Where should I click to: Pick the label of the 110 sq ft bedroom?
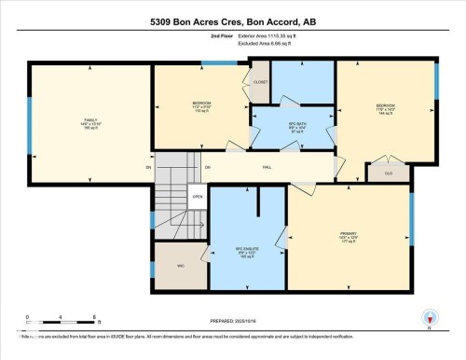tap(201, 104)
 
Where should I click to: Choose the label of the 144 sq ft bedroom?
tap(386, 108)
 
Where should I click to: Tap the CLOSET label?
tap(261, 82)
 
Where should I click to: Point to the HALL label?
tap(267, 167)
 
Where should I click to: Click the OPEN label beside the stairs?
tap(198, 197)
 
